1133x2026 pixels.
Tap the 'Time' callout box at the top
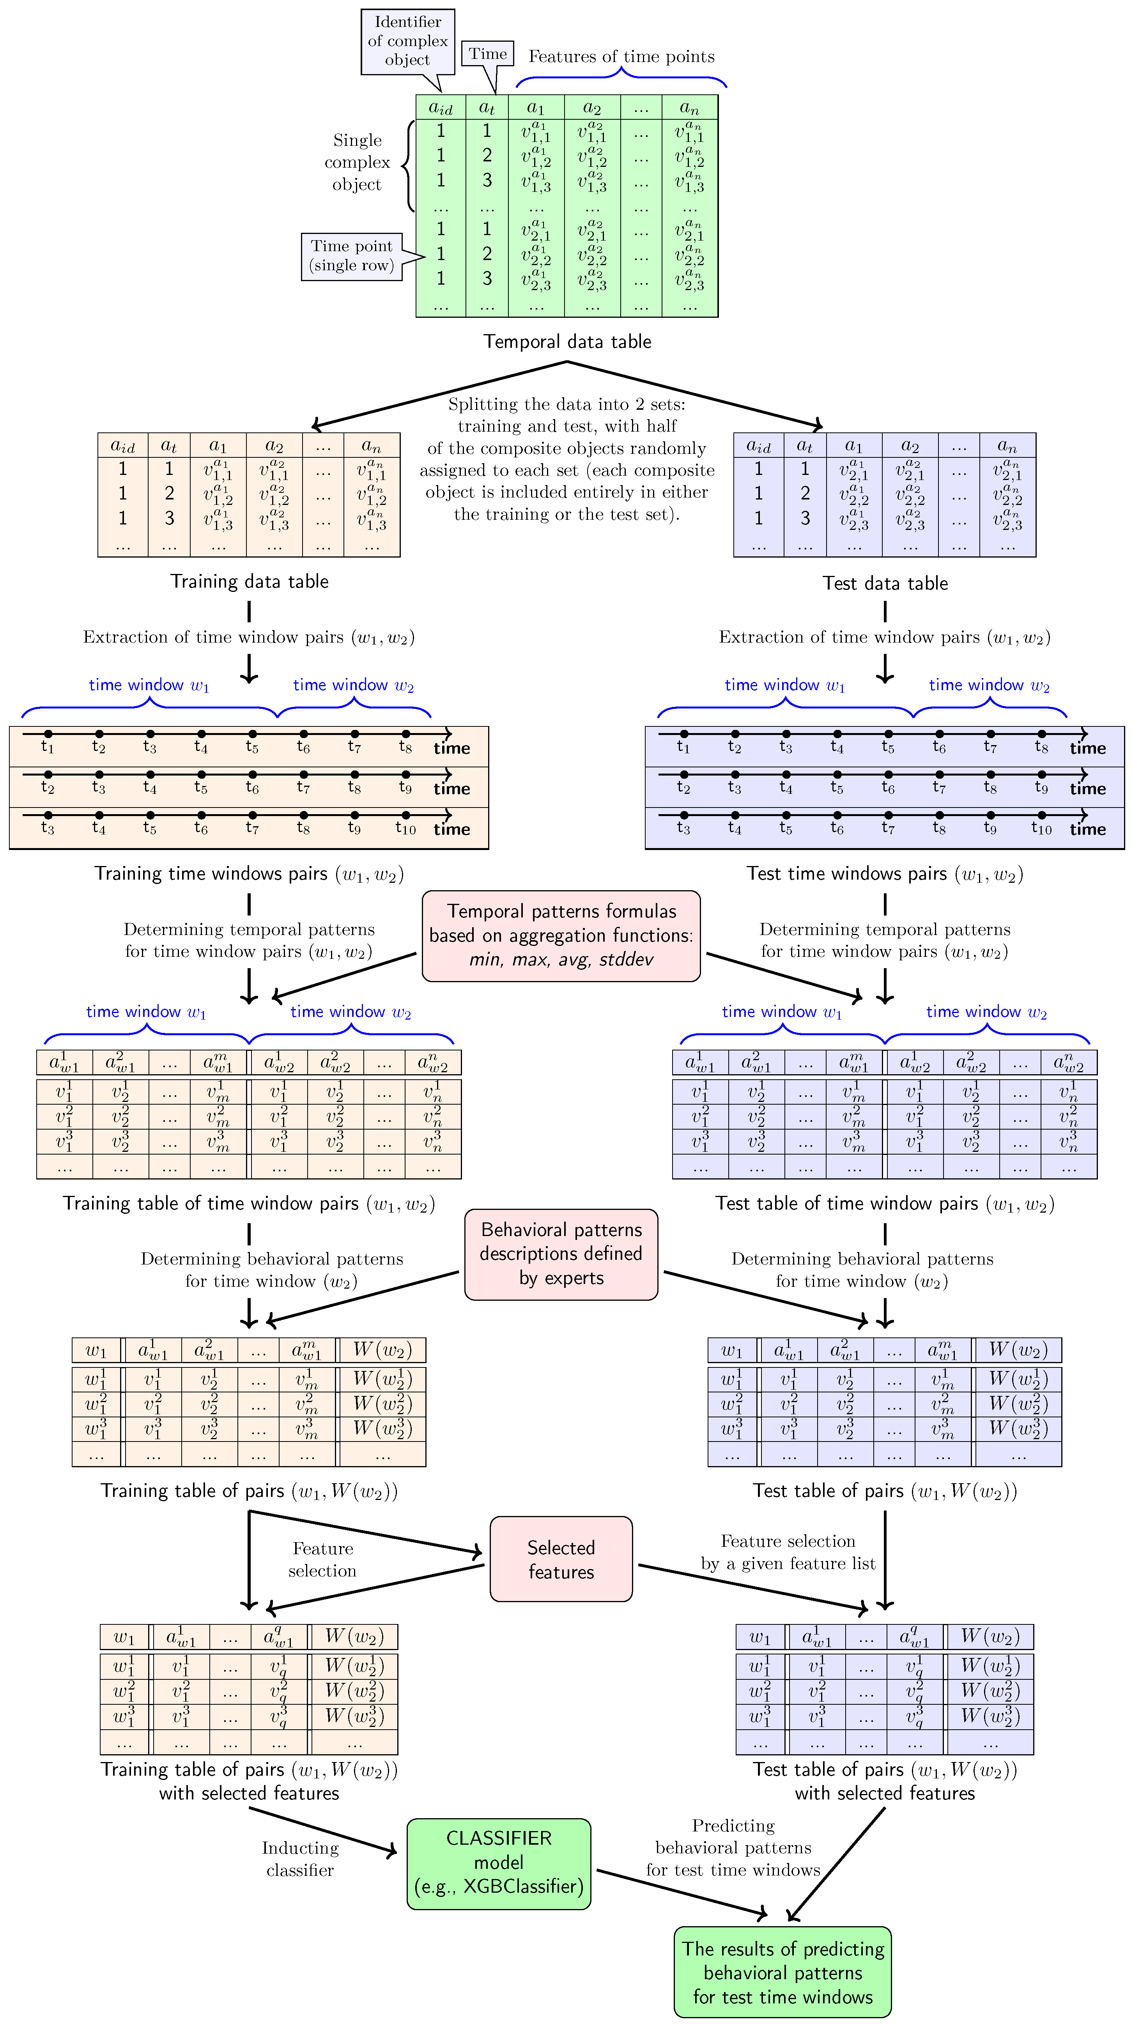coord(487,53)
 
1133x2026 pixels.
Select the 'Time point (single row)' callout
coord(351,256)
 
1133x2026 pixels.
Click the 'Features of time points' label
coord(621,57)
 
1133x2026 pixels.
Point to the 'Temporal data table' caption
coord(567,341)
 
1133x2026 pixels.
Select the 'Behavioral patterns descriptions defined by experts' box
coord(561,1254)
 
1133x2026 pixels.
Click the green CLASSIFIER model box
coord(499,1862)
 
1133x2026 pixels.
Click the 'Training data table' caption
coord(249,581)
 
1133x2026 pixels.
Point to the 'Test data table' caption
coord(885,583)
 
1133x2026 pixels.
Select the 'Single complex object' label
coord(357,162)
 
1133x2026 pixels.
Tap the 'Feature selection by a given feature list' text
coord(788,1552)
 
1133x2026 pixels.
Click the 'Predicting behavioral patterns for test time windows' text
coord(733,1847)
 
